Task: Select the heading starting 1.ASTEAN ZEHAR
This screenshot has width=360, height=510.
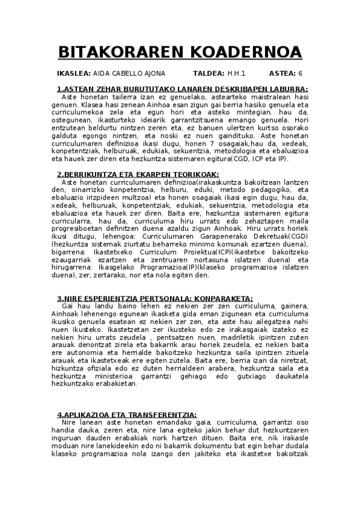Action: tap(182, 90)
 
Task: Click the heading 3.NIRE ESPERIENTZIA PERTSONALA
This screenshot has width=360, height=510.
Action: tap(155, 299)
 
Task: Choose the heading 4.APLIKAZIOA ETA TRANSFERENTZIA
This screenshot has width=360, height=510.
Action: tap(127, 415)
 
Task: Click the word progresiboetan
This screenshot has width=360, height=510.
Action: tap(82, 221)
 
